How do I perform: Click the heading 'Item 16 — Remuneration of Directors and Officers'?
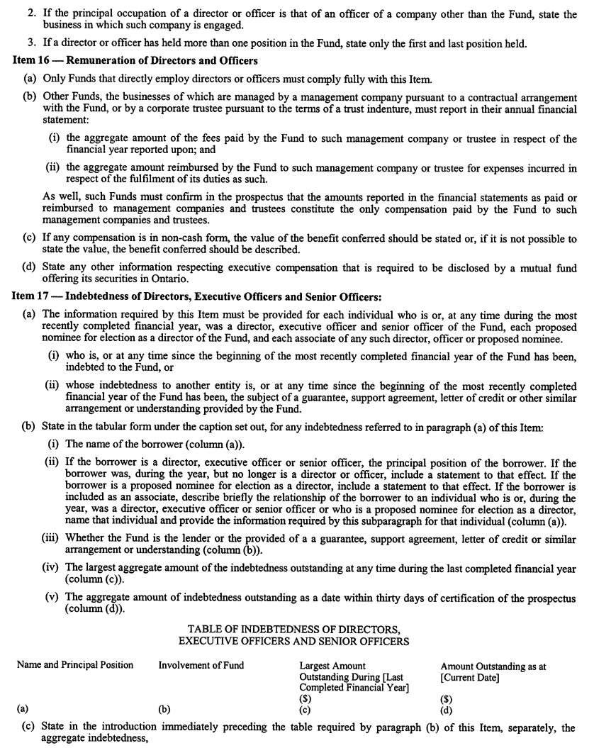tap(135, 61)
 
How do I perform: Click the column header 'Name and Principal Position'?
tap(75, 665)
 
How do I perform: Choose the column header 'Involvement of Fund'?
tap(201, 665)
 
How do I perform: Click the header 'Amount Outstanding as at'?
tap(493, 666)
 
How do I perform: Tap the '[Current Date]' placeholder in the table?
tap(470, 678)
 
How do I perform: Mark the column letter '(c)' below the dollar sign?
tap(306, 708)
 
